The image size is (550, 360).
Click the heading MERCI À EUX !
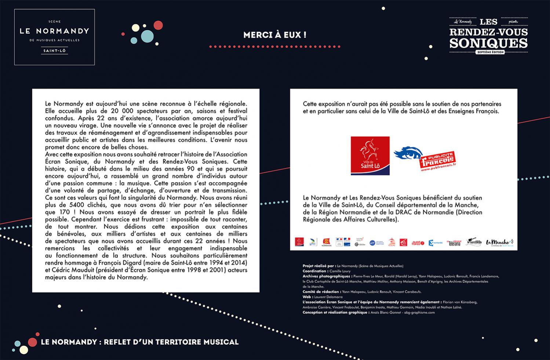pos(275,35)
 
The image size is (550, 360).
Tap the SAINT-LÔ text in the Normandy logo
pos(54,51)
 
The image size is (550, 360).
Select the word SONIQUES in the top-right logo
pos(488,43)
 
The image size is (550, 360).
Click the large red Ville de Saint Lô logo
pos(370,156)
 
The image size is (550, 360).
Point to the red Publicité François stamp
pos(438,161)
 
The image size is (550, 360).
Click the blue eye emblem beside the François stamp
pos(407,153)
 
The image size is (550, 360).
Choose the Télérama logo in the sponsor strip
pos(454,243)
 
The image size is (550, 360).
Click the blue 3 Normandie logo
pos(436,243)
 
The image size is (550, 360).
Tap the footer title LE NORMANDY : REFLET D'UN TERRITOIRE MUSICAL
pos(140,342)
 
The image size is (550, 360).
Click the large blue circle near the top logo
pos(147,36)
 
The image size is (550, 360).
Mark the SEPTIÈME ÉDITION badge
pos(489,52)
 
